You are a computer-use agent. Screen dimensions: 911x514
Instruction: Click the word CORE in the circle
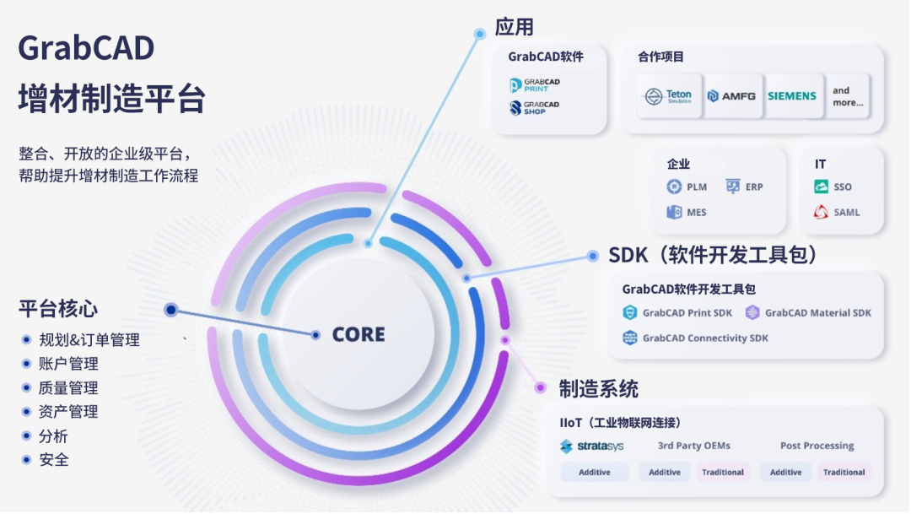point(358,334)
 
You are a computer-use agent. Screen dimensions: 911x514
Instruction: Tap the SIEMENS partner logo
point(792,96)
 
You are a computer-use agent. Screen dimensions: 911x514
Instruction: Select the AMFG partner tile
point(731,96)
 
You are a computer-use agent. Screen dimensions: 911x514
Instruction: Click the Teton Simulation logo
point(669,96)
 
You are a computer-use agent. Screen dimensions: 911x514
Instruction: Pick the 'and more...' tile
point(848,96)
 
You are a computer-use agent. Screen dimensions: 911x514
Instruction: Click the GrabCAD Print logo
point(535,85)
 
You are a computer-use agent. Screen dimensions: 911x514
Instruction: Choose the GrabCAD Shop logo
point(535,107)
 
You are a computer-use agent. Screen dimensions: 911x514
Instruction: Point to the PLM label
point(697,187)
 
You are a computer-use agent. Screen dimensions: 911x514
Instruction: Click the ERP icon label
point(754,187)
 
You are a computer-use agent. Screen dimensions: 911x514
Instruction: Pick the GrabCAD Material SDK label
point(818,313)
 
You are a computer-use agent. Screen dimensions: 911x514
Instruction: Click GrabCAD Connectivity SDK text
point(705,338)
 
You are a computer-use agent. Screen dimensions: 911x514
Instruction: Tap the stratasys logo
point(592,446)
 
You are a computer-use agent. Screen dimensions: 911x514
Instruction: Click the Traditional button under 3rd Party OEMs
point(723,472)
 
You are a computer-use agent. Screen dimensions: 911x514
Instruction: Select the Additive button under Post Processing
point(786,472)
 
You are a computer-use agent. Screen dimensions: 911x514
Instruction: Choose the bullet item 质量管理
point(68,388)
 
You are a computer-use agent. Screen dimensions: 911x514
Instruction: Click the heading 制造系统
point(598,389)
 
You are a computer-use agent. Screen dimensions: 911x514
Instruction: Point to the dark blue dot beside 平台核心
point(170,310)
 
